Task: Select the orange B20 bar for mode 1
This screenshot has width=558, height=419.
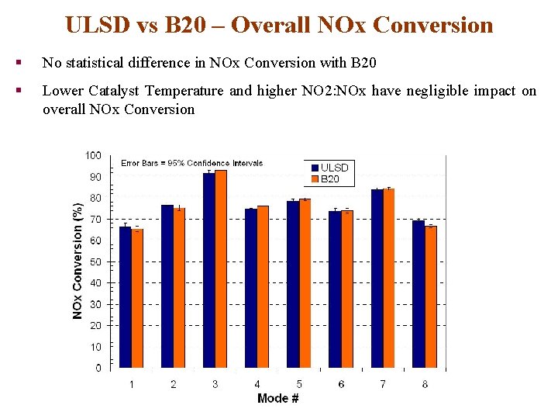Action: coord(137,298)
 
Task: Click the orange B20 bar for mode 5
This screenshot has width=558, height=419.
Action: coord(305,283)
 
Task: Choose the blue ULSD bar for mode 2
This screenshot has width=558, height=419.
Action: coord(167,286)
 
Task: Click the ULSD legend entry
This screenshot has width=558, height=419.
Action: coord(329,168)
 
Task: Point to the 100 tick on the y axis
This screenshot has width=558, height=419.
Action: coord(93,156)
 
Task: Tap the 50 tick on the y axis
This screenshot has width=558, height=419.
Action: coord(95,262)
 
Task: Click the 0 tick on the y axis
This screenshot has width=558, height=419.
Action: coord(98,368)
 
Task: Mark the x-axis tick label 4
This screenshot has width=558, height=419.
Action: coord(257,384)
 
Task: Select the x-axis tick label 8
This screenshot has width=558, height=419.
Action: coord(425,384)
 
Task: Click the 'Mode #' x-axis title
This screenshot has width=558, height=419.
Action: coord(278,398)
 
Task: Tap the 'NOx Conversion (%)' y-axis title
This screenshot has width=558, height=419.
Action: coord(77,261)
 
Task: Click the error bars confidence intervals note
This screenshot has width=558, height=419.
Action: coord(191,163)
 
